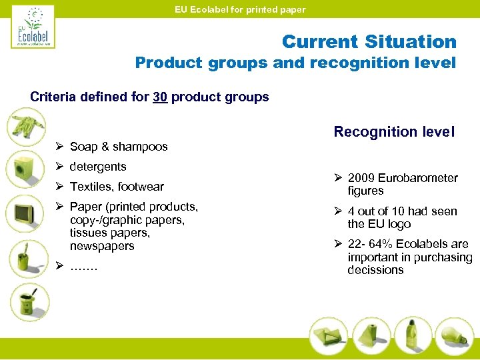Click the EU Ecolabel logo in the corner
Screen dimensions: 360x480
click(x=32, y=27)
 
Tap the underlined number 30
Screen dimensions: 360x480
click(x=159, y=97)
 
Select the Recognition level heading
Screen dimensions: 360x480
click(x=394, y=131)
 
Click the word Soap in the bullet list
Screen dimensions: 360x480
click(x=84, y=147)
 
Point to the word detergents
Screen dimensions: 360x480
click(x=98, y=167)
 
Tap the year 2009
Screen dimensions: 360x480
click(x=361, y=178)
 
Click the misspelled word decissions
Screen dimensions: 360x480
click(x=375, y=270)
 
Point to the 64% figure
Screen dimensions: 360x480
click(x=383, y=244)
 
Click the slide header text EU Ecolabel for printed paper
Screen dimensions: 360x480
click(x=240, y=9)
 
